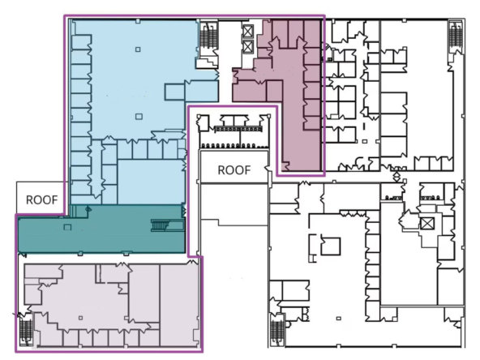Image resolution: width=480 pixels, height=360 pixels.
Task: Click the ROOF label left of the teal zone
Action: pos(40,198)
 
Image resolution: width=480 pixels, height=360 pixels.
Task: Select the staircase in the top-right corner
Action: pos(455,36)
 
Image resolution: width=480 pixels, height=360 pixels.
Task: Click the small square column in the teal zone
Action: pos(69,226)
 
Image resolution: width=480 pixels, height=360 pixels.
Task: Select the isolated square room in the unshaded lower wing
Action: pos(328,244)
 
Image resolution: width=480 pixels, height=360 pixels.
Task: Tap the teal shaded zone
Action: pos(101,231)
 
